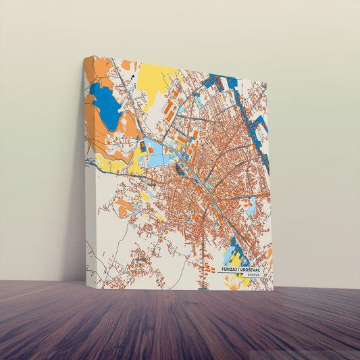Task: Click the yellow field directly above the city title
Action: [234, 258]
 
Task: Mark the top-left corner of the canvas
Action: [84, 57]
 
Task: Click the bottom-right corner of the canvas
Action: [273, 290]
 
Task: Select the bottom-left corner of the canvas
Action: [86, 282]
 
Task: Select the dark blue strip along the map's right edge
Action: [262, 138]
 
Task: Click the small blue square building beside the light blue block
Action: [143, 145]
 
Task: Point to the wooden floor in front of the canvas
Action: [180, 324]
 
